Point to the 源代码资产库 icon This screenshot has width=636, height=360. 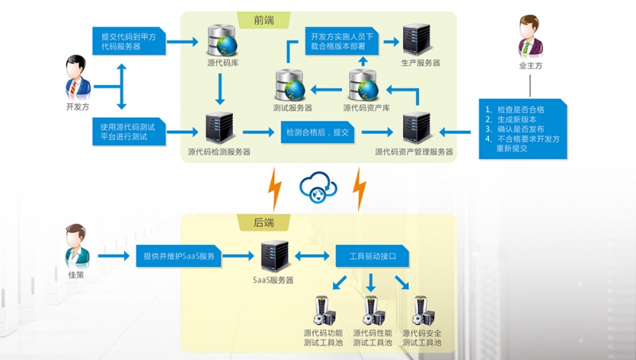tap(363, 85)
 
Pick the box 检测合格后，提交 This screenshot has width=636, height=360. tap(316, 132)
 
